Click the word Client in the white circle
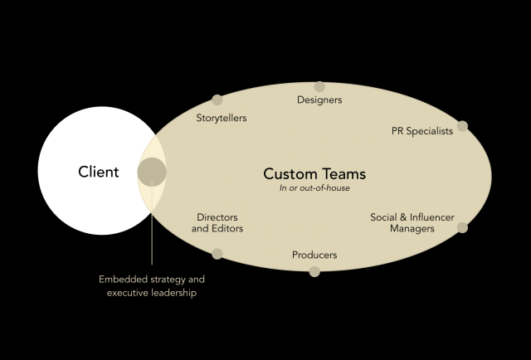coord(99,173)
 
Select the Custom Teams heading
coord(314,174)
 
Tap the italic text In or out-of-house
coord(314,188)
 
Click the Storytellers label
coord(222,118)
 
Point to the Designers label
coord(319,100)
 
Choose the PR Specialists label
coord(422,131)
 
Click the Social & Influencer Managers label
coord(412,222)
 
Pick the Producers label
coord(314,255)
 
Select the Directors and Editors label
coord(217,222)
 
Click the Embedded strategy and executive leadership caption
coord(152,286)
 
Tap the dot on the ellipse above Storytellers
coord(217,100)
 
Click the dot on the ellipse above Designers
coord(319,86)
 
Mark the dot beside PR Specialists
coord(462,126)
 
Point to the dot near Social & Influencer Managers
coord(462,227)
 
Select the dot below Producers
coord(314,271)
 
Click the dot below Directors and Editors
coord(217,254)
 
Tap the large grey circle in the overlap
coord(152,173)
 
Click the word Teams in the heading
coord(342,174)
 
